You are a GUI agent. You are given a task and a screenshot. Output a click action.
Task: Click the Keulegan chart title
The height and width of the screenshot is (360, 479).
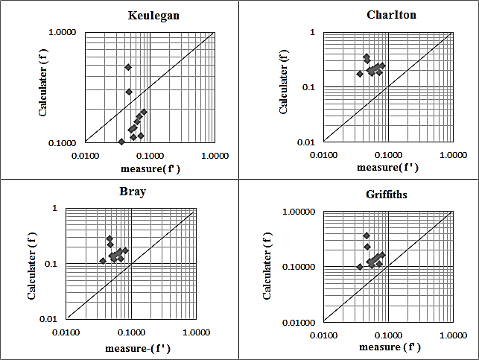[x=153, y=16]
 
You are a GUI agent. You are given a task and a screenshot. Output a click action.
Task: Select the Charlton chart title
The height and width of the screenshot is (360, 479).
[x=391, y=15]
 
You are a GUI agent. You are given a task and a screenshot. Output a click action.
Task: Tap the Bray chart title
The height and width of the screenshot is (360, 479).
[x=133, y=192]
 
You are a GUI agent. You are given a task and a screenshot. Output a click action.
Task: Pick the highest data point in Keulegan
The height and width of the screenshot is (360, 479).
[x=128, y=67]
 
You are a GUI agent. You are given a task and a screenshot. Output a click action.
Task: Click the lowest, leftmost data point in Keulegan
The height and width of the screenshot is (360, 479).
[x=121, y=142]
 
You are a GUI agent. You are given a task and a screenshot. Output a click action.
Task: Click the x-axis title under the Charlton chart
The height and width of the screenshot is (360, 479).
[x=387, y=167]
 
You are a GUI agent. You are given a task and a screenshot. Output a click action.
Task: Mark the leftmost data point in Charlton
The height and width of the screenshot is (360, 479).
[x=360, y=74]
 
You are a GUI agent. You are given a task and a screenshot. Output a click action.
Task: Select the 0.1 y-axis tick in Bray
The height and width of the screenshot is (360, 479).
[x=54, y=264]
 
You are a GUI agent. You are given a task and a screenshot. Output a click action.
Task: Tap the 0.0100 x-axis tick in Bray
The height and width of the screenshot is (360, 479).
[x=67, y=332]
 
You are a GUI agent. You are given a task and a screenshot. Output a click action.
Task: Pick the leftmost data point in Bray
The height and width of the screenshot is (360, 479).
[x=103, y=261]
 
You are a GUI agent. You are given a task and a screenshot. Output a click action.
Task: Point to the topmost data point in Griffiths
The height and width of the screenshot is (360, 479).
[x=367, y=236]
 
